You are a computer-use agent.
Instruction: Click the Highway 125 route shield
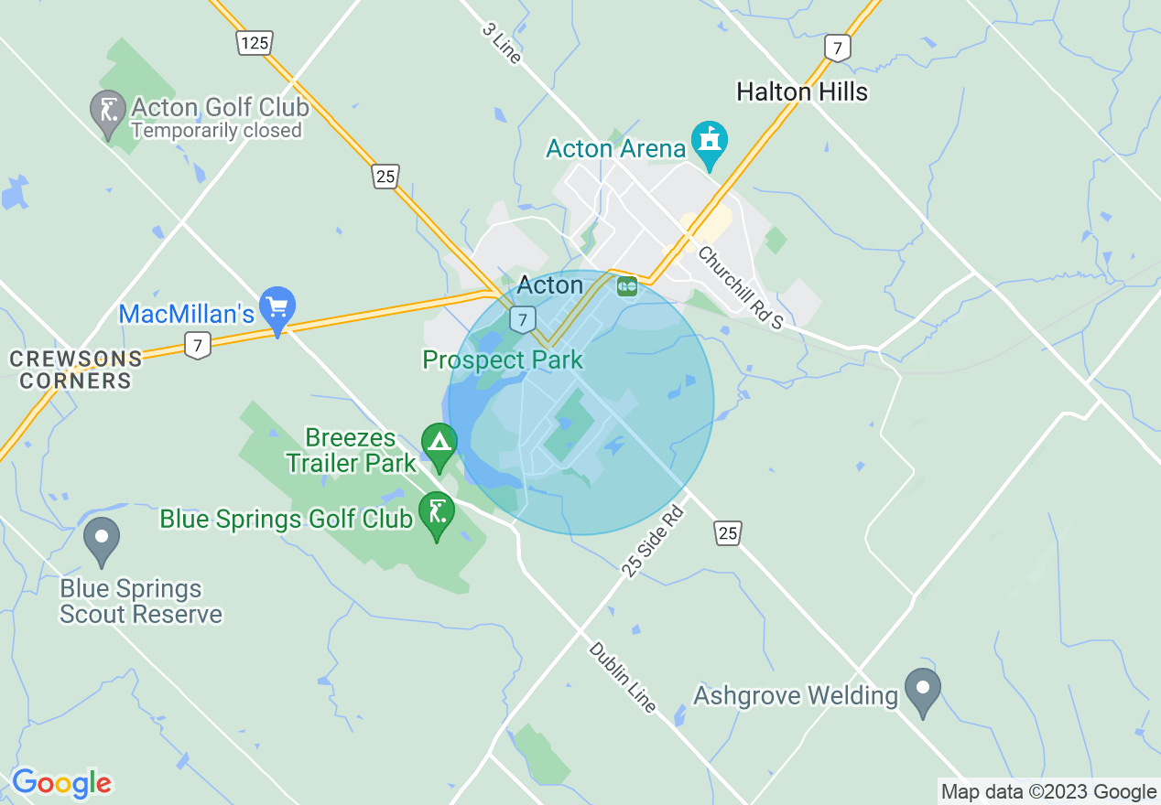(254, 42)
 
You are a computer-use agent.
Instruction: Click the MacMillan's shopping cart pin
(277, 308)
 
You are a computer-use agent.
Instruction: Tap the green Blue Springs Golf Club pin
(437, 513)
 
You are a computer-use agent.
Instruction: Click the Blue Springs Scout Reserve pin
(101, 538)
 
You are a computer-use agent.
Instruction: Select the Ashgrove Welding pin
(922, 690)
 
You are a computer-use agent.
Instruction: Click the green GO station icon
(627, 286)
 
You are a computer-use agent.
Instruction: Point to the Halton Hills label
(802, 91)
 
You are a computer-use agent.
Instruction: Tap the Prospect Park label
(503, 360)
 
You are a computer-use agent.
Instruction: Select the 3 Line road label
(501, 42)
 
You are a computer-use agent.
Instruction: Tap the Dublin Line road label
(623, 677)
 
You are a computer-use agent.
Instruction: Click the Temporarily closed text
(216, 131)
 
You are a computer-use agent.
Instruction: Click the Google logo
(61, 783)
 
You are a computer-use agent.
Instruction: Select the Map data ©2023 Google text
(1049, 792)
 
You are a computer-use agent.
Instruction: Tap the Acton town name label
(549, 285)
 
